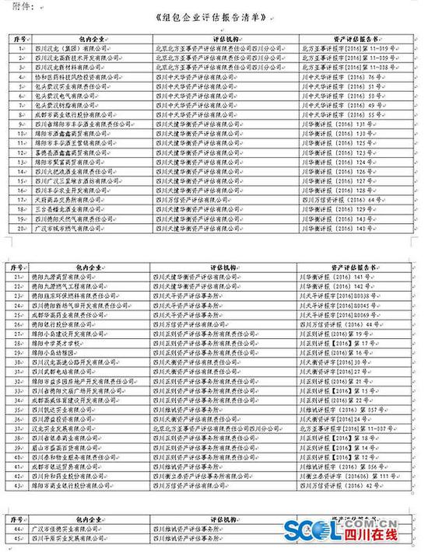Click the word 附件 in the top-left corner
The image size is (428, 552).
(x=16, y=6)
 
